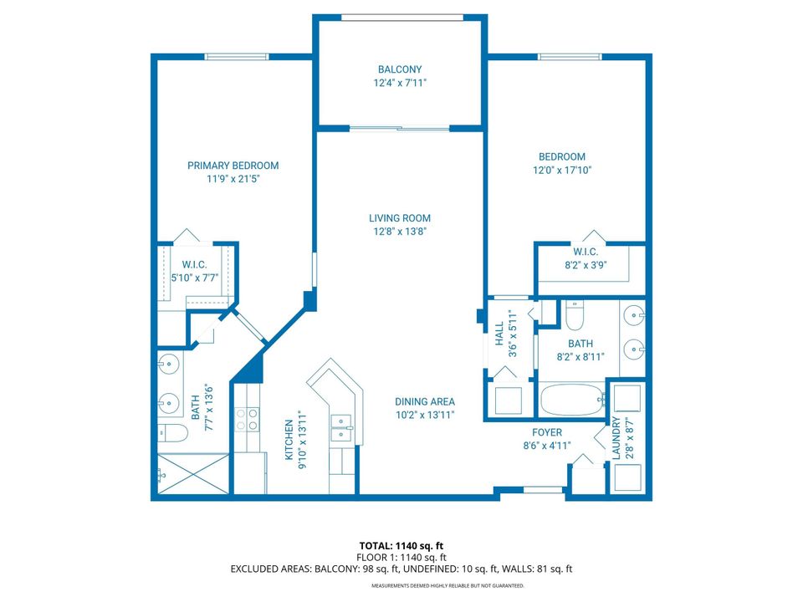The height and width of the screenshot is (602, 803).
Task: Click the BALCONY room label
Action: click(x=400, y=69)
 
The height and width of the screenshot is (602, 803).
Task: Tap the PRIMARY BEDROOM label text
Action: click(x=233, y=166)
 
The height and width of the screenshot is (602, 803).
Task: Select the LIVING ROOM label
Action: click(x=400, y=218)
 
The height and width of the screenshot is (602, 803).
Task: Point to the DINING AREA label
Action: click(x=425, y=400)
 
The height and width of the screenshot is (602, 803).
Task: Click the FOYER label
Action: click(x=547, y=432)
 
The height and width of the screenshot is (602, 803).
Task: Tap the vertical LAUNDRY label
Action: click(x=616, y=438)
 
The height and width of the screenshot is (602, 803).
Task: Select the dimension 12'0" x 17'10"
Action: click(x=562, y=170)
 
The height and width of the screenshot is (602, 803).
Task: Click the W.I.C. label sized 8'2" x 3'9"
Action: click(x=585, y=252)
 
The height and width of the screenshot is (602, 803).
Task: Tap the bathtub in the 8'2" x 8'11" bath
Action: click(x=572, y=399)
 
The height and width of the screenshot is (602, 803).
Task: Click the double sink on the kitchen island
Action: click(x=341, y=426)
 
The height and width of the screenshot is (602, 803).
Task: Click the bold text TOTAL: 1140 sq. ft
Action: click(x=401, y=546)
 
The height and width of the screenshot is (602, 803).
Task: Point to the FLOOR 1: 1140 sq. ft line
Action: click(x=401, y=557)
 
